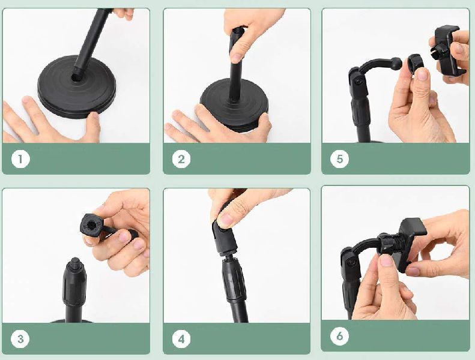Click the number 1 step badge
tap(20, 159)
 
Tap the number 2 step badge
tap(181, 159)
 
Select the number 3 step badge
tap(20, 339)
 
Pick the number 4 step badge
tap(181, 339)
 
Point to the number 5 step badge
tap(340, 159)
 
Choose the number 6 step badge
tap(340, 336)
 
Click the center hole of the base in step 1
tap(75, 78)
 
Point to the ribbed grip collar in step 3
tap(74, 284)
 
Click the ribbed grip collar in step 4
tap(234, 280)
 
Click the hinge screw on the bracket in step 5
tap(359, 82)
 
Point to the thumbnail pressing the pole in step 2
tap(237, 57)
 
